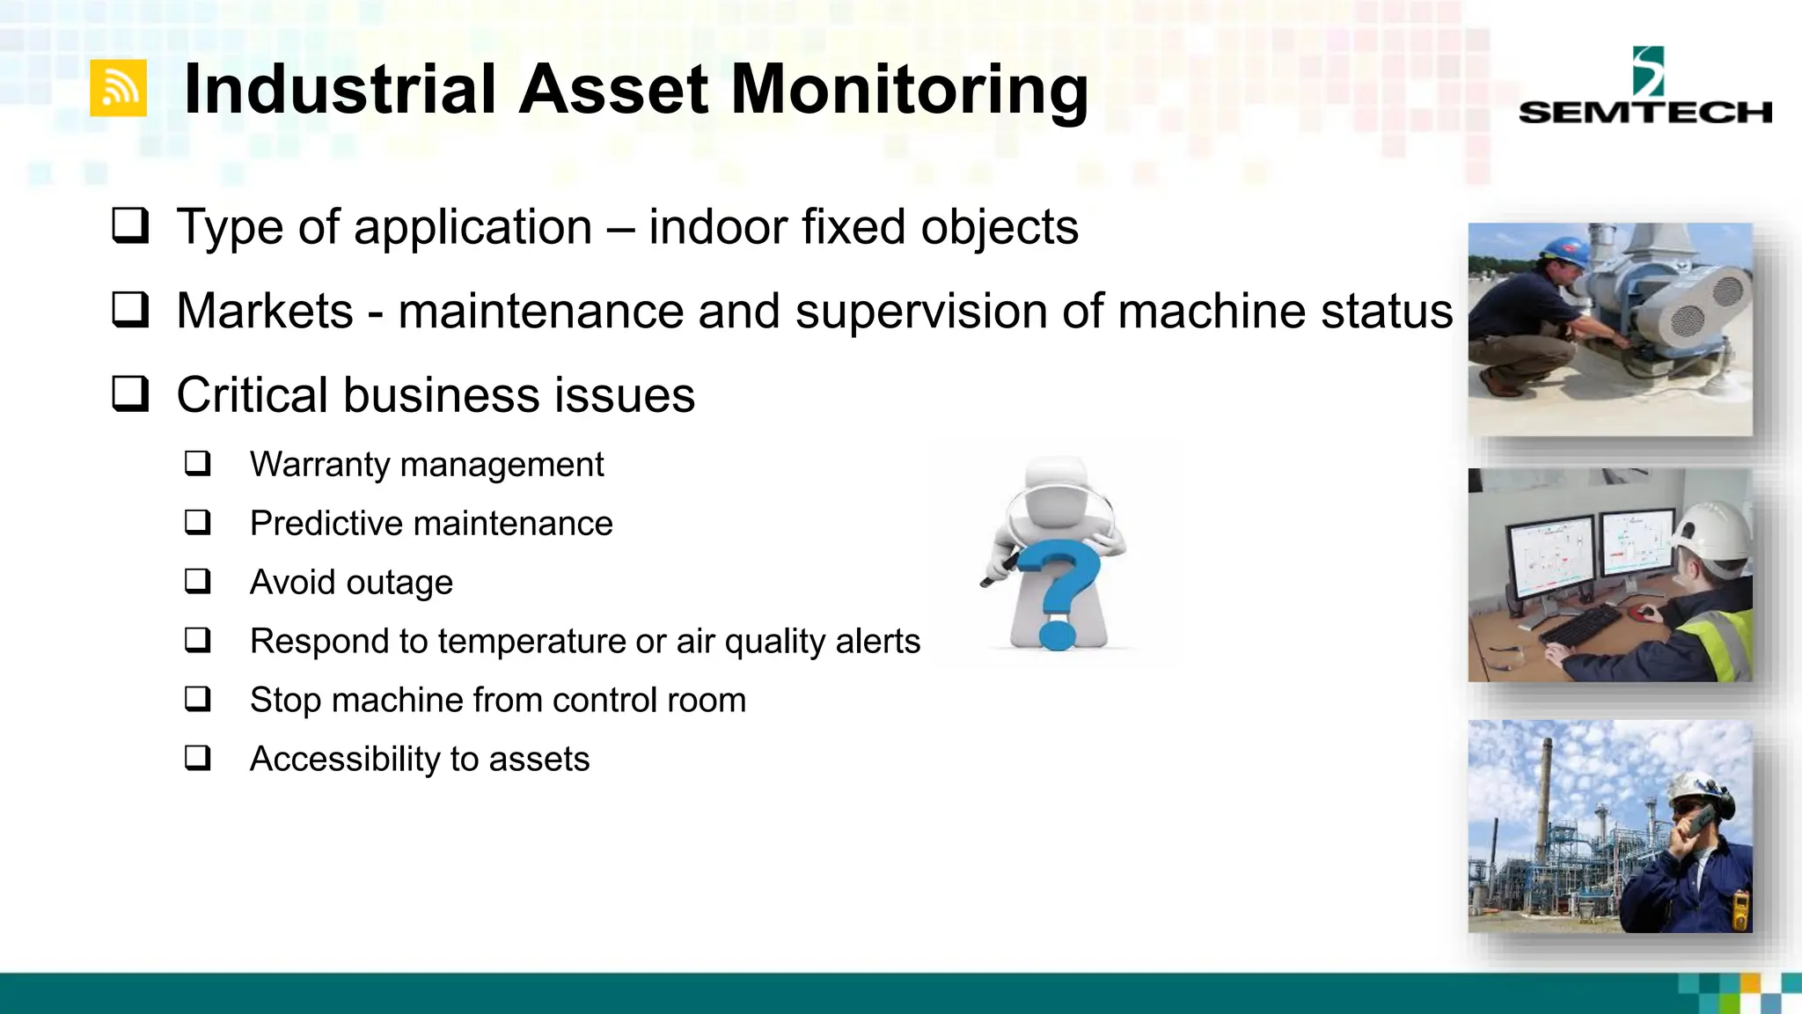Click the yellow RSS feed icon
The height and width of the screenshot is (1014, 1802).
(x=118, y=88)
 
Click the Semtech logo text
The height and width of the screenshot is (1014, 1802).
(x=1645, y=112)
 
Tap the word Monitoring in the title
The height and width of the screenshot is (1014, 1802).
(x=910, y=90)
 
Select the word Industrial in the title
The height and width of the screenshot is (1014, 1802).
(x=340, y=90)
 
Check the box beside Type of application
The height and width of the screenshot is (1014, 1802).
(x=130, y=225)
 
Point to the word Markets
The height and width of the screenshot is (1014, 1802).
(x=264, y=311)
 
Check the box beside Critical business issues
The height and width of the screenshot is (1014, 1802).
(x=130, y=393)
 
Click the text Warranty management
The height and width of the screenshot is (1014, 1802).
(x=427, y=465)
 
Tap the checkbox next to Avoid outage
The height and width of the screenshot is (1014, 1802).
(x=198, y=581)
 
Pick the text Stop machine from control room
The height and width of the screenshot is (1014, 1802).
(x=497, y=701)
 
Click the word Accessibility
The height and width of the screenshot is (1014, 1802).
(x=344, y=759)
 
